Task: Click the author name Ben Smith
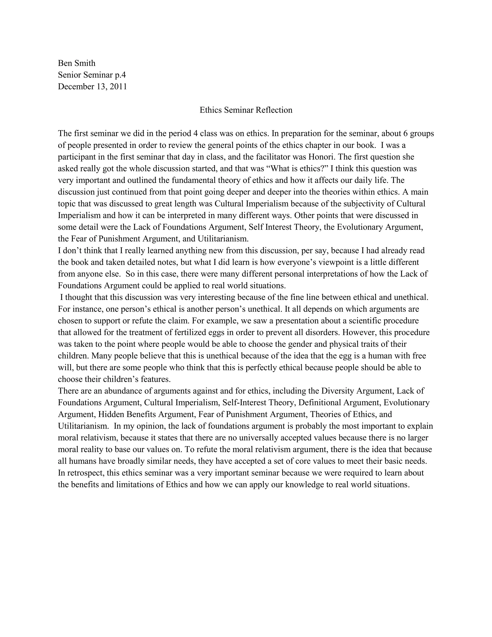coord(77,63)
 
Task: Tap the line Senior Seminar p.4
coord(92,75)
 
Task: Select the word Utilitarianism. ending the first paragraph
coord(223,239)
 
